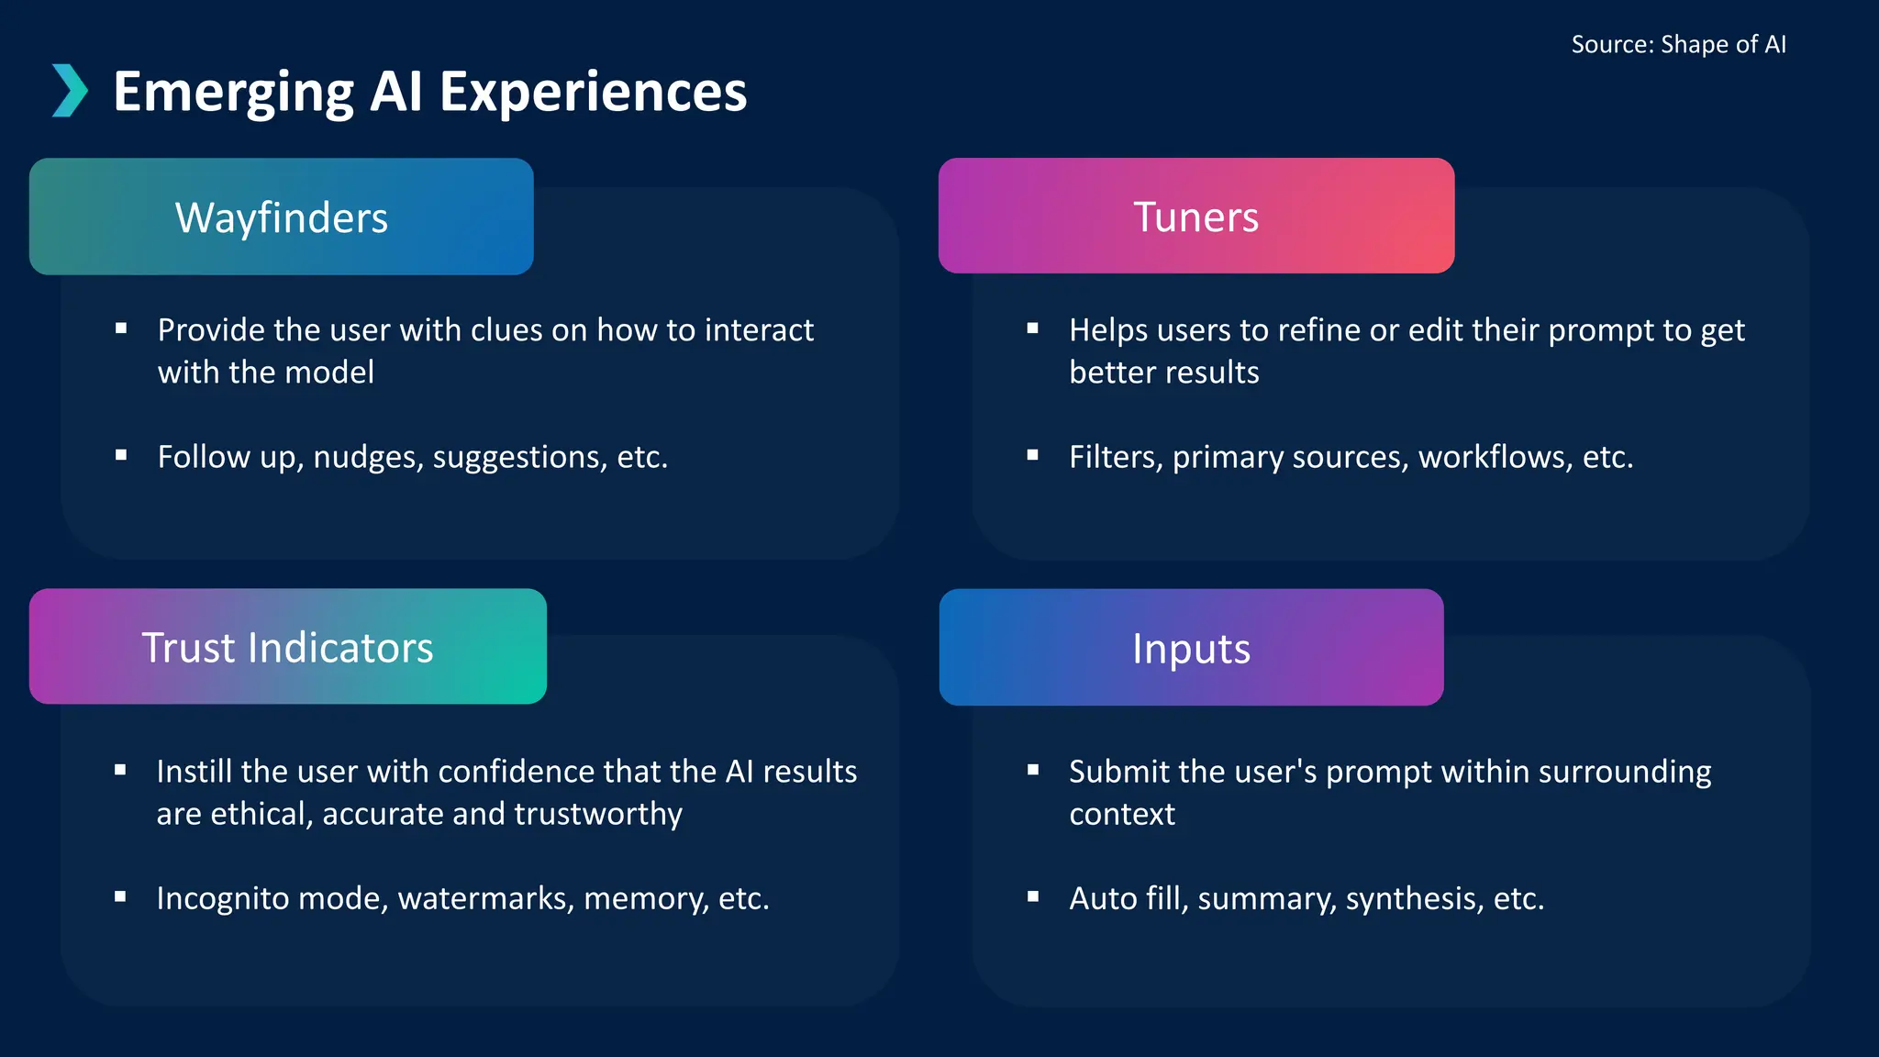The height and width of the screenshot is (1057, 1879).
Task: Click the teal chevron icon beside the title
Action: (x=70, y=91)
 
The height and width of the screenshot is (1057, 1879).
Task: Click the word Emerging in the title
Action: (x=233, y=93)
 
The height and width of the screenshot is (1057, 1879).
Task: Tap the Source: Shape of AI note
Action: (x=1678, y=44)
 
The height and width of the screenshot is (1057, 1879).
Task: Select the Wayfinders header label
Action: (x=282, y=218)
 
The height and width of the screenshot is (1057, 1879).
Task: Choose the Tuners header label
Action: (x=1195, y=217)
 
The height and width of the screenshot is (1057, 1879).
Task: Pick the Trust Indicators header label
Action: (x=287, y=648)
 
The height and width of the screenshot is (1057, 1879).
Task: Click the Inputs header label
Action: (x=1191, y=649)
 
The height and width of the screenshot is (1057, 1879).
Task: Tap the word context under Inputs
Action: (x=1121, y=814)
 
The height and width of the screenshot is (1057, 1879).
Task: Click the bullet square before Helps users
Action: (x=1033, y=328)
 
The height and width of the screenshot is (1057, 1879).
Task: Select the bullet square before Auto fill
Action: (x=1033, y=897)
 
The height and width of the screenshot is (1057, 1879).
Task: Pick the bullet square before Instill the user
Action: (x=120, y=771)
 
